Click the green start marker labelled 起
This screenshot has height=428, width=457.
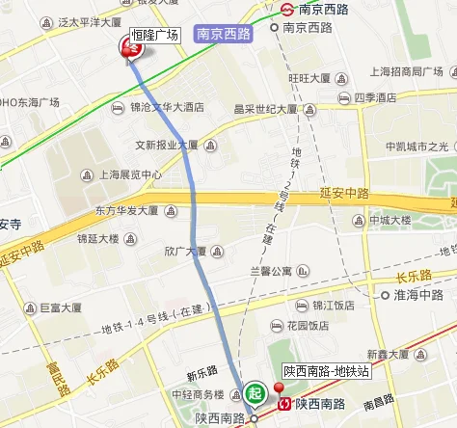click(254, 392)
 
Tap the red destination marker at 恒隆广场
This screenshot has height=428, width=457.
click(127, 48)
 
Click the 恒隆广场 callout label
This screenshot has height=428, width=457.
click(155, 35)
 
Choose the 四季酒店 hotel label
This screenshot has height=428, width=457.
click(374, 97)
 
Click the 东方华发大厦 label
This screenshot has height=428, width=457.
click(125, 209)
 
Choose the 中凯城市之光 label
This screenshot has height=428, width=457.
click(417, 147)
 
